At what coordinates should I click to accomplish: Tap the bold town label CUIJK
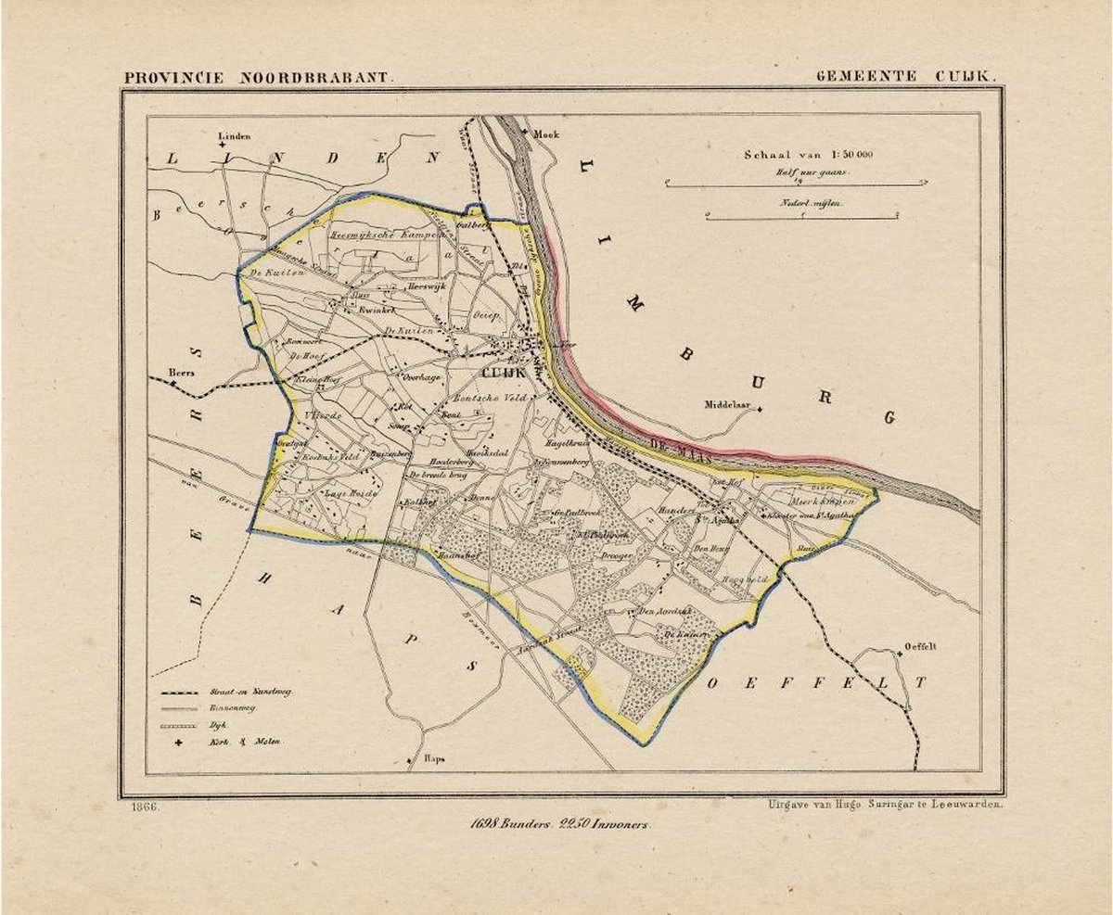[x=503, y=372]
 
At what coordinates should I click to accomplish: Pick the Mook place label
[x=546, y=134]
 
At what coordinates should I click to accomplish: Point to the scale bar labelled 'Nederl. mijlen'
[x=802, y=215]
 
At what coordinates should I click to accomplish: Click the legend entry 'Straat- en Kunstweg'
[x=262, y=692]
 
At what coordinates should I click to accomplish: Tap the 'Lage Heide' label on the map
[x=340, y=495]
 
